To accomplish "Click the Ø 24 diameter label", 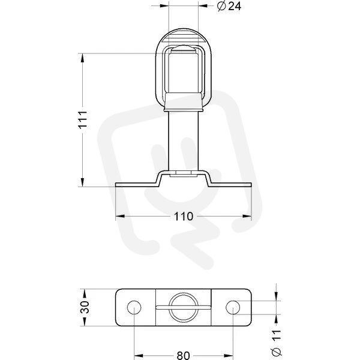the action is point(229,7).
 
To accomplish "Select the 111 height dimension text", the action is point(83,119).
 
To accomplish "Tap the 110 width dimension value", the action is point(184,216).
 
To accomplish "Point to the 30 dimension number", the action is point(85,307).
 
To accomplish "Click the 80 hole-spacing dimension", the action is point(184,355).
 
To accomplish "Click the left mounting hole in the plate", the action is point(134,307).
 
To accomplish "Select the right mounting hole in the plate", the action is point(233,307).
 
